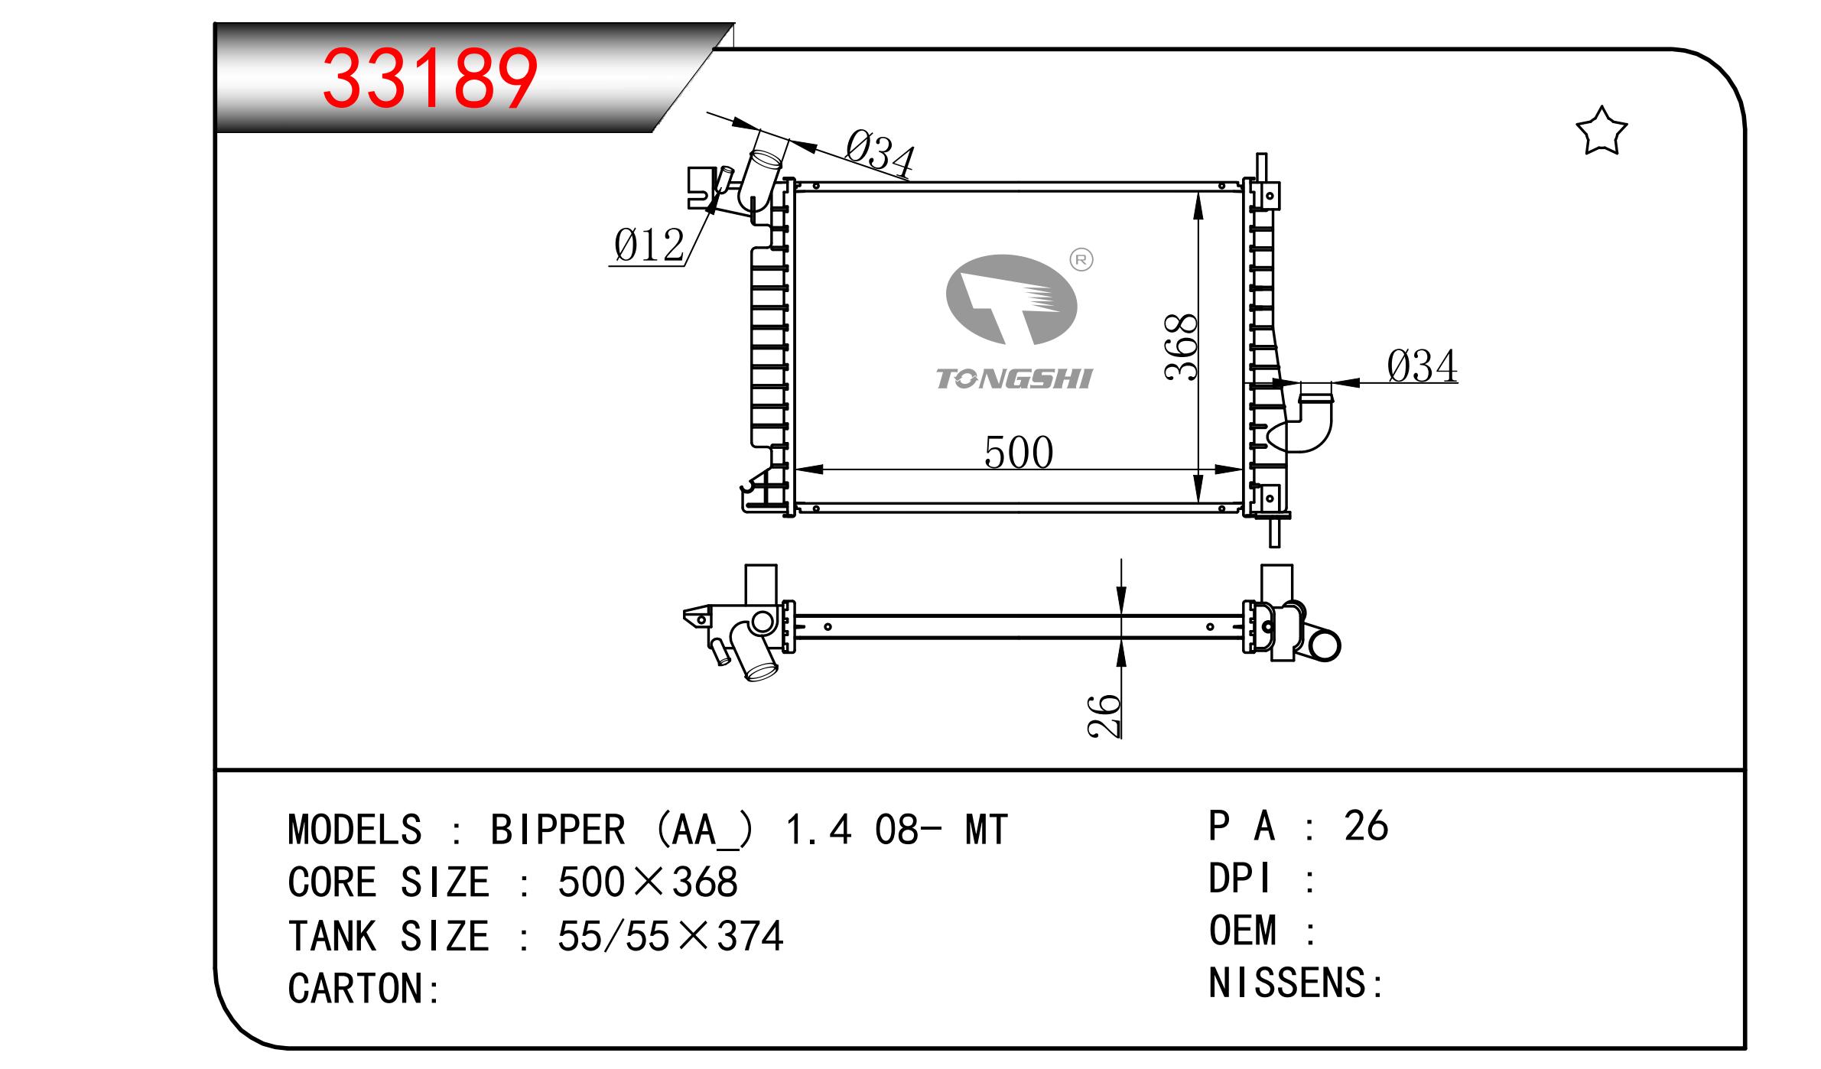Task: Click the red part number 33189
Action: (x=431, y=78)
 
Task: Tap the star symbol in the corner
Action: (x=1601, y=131)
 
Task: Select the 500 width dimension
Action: (x=1019, y=453)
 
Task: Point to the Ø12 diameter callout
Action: (x=649, y=246)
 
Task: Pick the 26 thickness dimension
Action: (x=1104, y=716)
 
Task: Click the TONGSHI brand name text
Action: (x=1015, y=379)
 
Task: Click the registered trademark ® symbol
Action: (x=1081, y=260)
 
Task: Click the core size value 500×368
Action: (x=648, y=882)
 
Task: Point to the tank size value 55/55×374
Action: (x=671, y=936)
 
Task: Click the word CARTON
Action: (x=355, y=989)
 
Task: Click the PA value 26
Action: (x=1366, y=827)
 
